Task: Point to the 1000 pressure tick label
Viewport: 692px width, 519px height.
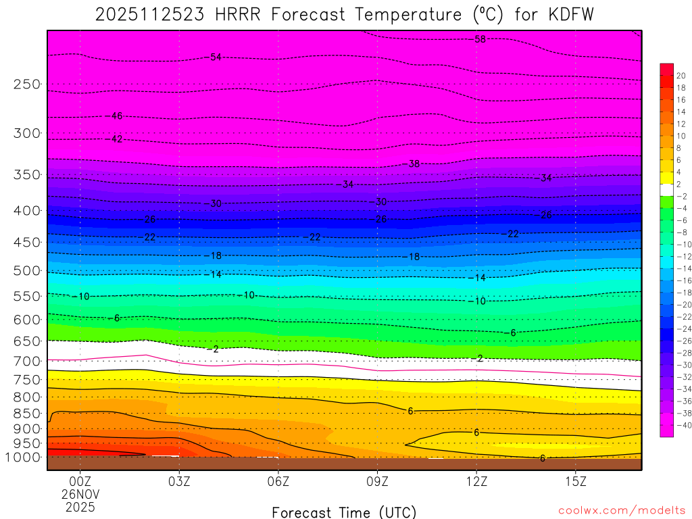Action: [x=23, y=458]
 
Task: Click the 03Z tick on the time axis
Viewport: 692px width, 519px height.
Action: [x=179, y=482]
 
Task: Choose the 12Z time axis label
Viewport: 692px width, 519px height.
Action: [x=476, y=482]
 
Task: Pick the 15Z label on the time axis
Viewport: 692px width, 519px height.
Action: [x=575, y=482]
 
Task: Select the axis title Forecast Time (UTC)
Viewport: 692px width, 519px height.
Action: [x=344, y=512]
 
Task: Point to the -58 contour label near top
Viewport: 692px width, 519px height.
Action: [x=478, y=39]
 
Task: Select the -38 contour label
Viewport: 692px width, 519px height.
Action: [x=413, y=164]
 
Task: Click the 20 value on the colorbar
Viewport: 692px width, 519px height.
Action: [x=681, y=76]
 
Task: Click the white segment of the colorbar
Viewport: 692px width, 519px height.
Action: [x=666, y=190]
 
